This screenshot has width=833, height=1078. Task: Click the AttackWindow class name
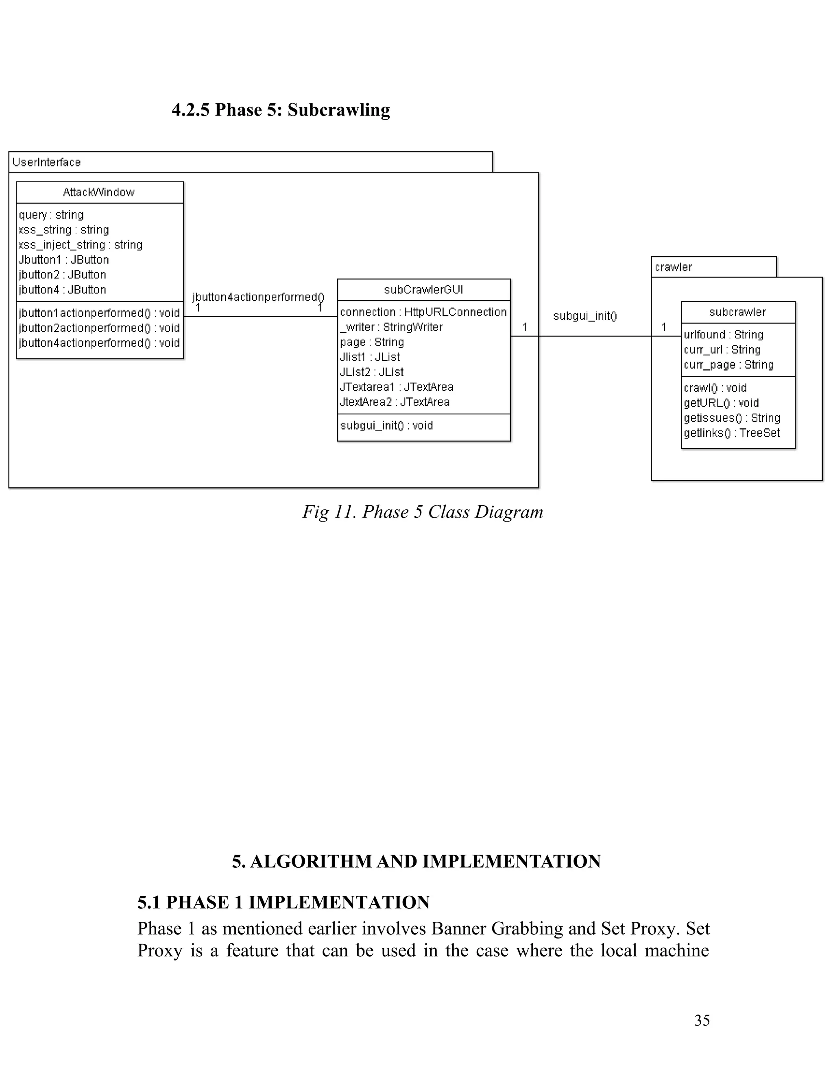point(99,192)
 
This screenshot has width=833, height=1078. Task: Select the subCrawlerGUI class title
point(423,290)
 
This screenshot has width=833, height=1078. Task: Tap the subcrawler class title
point(737,312)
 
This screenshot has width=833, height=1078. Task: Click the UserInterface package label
point(46,162)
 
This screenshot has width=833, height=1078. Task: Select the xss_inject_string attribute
point(81,245)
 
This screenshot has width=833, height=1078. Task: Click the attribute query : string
point(51,215)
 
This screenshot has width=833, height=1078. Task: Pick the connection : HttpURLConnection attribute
point(423,312)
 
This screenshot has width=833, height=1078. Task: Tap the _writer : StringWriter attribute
point(391,327)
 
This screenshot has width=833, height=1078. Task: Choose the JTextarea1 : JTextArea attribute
point(396,387)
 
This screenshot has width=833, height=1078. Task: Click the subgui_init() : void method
point(386,426)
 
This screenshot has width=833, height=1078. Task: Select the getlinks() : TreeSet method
point(731,433)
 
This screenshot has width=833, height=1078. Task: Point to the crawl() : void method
point(715,388)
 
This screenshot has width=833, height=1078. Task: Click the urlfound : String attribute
point(724,335)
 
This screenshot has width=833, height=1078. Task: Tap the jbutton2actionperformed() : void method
point(99,328)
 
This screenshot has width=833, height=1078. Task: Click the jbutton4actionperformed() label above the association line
point(258,297)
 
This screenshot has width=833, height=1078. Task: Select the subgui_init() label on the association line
point(585,316)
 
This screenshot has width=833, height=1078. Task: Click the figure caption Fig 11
point(423,512)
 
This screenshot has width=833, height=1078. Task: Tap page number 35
point(702,1020)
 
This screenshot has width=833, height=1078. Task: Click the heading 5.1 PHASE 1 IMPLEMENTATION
point(283,902)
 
